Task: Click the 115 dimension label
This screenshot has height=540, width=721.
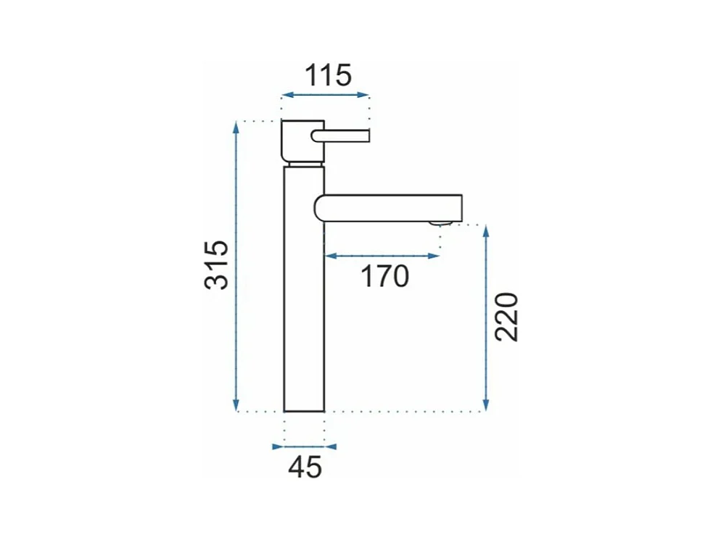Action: coord(329,75)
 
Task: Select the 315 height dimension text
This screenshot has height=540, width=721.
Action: coord(216,265)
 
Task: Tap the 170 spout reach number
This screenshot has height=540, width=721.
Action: coord(384,276)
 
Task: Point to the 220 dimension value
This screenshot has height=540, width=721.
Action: coord(506,317)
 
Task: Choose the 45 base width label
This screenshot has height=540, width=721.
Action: coord(305,468)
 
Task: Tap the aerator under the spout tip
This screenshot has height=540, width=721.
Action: coord(440,223)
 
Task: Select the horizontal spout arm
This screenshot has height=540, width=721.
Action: coord(388,208)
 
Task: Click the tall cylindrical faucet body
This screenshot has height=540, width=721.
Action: coord(305,288)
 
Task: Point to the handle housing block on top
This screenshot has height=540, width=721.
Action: coord(303,141)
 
